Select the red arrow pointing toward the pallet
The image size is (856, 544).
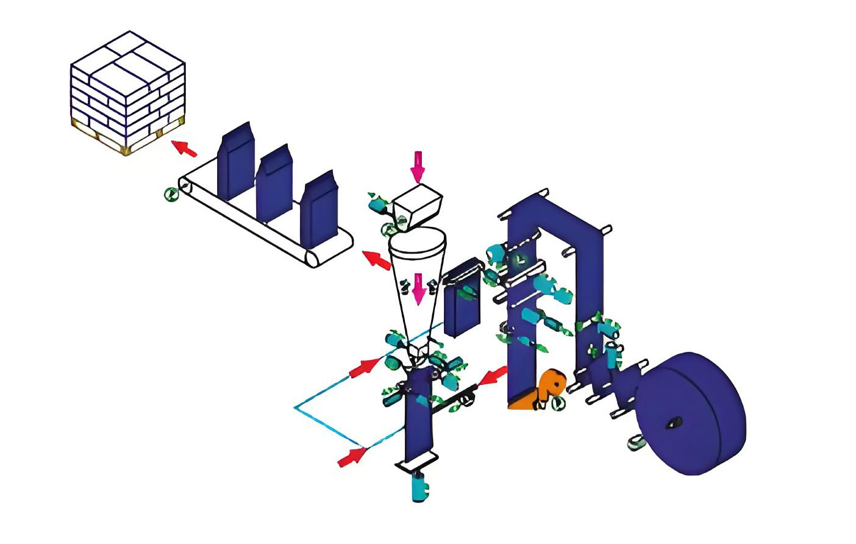pyautogui.click(x=184, y=148)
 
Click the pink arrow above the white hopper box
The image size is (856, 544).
pyautogui.click(x=417, y=166)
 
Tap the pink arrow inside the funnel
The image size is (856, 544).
pyautogui.click(x=418, y=288)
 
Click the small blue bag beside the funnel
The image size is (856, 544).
pyautogui.click(x=462, y=308)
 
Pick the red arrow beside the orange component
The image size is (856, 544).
pyautogui.click(x=493, y=376)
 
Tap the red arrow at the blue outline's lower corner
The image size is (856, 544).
pyautogui.click(x=352, y=456)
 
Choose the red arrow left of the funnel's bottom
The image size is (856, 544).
pyautogui.click(x=363, y=368)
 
